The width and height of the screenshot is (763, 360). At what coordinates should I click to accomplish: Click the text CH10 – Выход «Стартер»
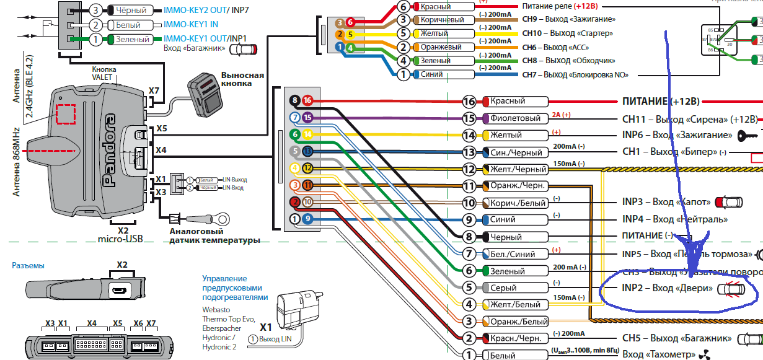567,33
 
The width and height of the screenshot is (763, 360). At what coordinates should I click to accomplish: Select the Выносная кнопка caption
242,80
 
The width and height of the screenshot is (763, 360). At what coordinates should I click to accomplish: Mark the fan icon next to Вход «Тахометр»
702,355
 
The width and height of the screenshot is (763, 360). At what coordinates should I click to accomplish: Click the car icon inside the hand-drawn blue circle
732,289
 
